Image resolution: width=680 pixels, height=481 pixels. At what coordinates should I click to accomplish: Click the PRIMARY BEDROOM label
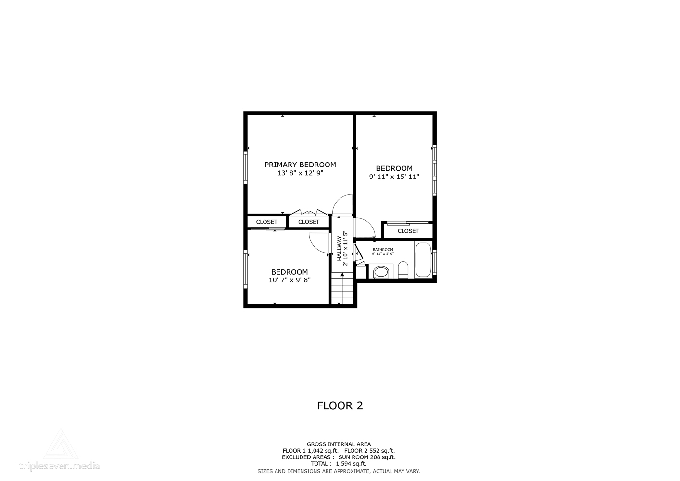300,165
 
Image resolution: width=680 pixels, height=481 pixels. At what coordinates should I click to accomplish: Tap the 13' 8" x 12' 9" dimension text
300,173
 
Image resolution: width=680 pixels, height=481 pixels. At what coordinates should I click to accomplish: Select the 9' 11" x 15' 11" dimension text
394,177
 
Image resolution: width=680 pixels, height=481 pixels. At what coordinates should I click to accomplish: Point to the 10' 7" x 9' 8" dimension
290,280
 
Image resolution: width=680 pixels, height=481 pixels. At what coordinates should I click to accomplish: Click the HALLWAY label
339,248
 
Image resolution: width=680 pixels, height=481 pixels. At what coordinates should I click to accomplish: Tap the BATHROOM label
382,249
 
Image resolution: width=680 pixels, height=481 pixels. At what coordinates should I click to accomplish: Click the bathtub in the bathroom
423,260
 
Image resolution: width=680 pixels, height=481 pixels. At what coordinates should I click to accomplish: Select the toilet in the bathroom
403,270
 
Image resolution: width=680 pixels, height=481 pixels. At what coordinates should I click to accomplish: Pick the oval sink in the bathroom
381,272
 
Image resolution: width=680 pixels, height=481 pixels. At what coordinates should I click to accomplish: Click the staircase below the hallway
342,289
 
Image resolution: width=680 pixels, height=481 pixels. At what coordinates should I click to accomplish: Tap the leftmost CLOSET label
266,222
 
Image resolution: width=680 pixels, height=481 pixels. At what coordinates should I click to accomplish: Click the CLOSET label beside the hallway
308,222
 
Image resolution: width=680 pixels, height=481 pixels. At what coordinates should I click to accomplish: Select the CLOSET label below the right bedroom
408,231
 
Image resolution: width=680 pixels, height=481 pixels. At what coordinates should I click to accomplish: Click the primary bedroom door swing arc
342,204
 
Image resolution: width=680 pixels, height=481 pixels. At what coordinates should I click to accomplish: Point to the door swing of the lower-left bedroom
318,242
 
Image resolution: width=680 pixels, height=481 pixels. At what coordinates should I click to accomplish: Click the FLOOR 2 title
340,405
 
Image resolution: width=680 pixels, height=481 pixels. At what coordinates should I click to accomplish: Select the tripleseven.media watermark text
59,466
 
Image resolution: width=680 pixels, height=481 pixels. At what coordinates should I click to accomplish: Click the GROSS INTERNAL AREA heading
339,444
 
